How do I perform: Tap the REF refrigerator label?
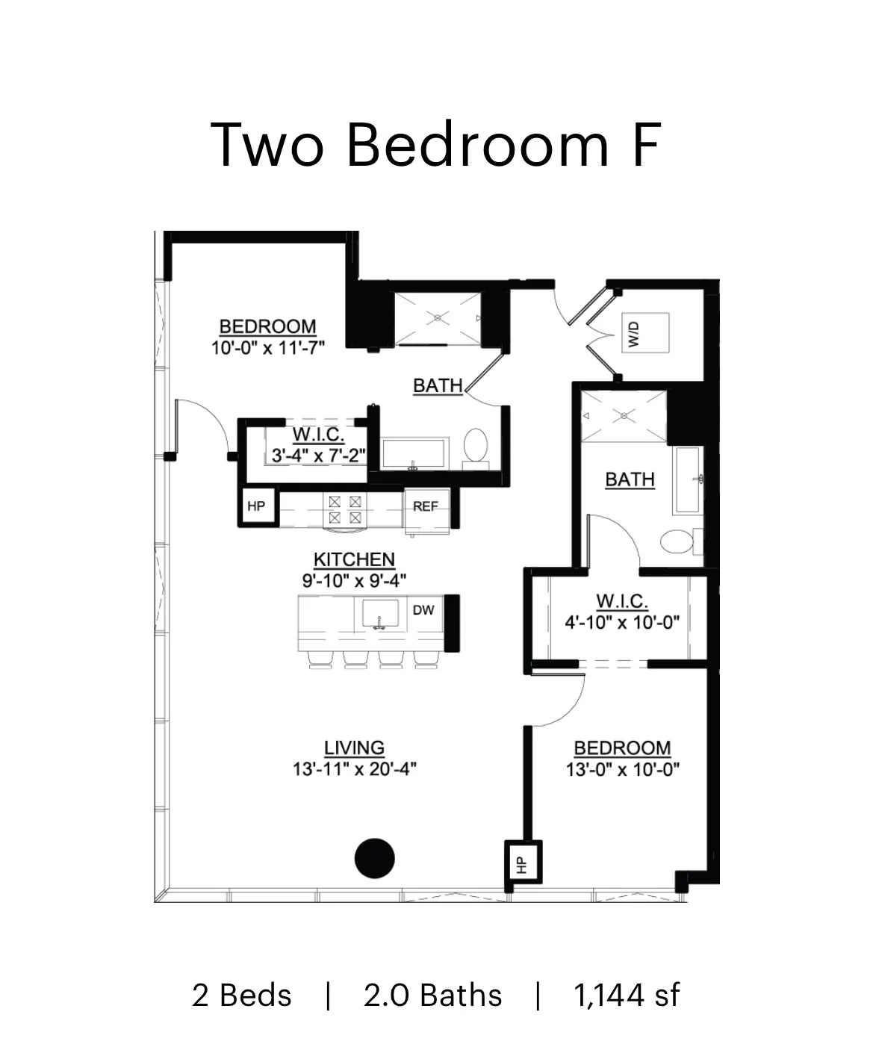pos(425,506)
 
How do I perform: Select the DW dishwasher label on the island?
pos(423,610)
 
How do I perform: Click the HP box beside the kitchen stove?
pos(256,506)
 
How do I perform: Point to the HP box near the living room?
pos(523,863)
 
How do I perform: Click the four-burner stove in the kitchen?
pos(345,509)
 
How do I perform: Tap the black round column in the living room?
pos(374,858)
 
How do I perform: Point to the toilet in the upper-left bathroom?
pos(475,445)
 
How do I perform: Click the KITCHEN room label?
pos(354,559)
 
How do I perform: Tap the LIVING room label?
pos(354,748)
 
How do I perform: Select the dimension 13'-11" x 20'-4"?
pos(354,769)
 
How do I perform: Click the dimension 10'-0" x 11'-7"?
pos(267,348)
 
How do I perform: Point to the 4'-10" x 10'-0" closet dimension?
pos(621,622)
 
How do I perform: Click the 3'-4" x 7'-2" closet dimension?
pos(318,456)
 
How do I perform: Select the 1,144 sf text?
pos(627,995)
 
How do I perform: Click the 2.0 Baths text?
pos(432,995)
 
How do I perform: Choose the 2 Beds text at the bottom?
pos(241,995)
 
